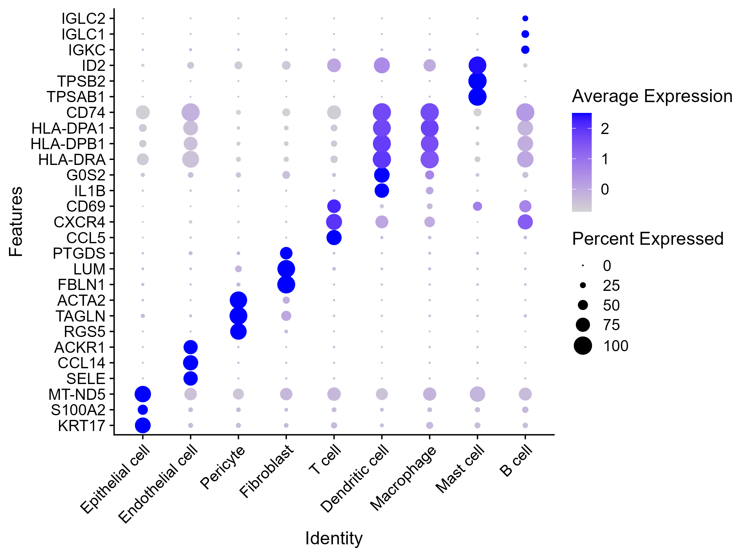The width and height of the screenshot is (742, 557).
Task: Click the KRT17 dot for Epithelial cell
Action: tap(143, 425)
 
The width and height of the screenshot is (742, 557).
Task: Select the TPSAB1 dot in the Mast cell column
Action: tap(477, 97)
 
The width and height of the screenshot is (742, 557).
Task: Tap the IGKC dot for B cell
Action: tap(525, 50)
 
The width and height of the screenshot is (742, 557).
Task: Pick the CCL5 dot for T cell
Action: tap(334, 237)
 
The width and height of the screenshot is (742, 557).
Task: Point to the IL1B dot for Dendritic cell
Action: tap(382, 190)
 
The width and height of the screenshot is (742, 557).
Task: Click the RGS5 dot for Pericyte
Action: tap(238, 331)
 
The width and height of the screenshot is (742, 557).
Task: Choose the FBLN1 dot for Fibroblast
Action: tap(286, 284)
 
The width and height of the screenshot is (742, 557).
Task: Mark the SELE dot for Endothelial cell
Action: tap(190, 378)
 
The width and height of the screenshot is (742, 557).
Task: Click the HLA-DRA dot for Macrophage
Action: tap(429, 159)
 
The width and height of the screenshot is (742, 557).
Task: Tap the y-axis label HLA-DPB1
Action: tap(68, 144)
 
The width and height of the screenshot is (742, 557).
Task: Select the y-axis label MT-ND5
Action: tap(77, 395)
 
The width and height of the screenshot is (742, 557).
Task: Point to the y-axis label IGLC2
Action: tap(83, 19)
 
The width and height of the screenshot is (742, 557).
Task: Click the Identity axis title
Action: tap(334, 538)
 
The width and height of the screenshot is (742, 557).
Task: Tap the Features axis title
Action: tap(16, 222)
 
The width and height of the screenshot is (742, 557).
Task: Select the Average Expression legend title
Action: tap(652, 96)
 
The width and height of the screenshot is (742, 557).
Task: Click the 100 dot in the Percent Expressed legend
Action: tap(583, 345)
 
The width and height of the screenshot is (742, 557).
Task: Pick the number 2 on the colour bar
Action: tap(604, 129)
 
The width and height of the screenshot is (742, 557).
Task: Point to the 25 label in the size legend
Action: tap(611, 285)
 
